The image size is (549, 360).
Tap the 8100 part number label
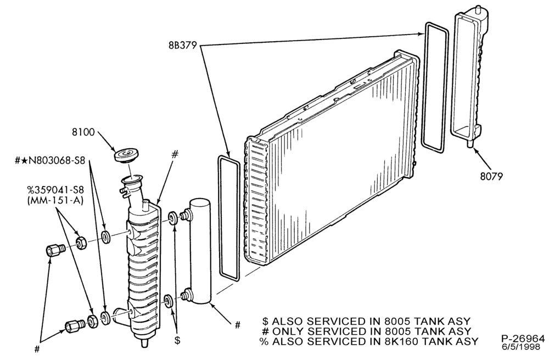pos(83,132)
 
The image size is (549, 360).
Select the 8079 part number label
pos(491,176)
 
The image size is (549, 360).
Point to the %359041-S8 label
pos(56,190)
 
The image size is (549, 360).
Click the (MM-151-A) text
pos(55,201)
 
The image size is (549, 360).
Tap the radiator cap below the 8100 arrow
pos(126,155)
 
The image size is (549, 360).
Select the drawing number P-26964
pos(523,339)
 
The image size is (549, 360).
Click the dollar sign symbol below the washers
pos(177,340)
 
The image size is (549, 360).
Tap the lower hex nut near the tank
pos(92,321)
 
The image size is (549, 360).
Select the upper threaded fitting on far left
pos(55,250)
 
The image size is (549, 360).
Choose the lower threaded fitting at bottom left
pos(74,326)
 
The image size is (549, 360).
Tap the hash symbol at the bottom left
pos(37,349)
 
